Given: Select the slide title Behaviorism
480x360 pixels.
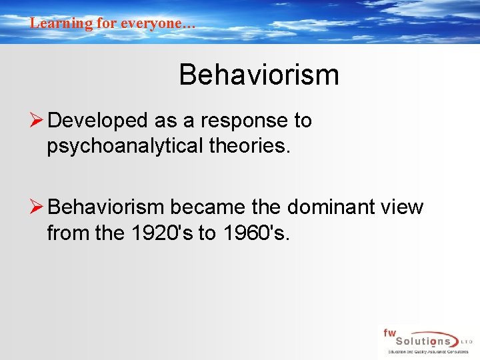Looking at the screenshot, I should [259, 75].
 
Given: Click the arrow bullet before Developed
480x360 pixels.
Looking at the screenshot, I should [37, 121].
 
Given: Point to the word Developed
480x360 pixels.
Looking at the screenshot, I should [98, 121].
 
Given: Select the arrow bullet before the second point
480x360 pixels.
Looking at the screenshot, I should [37, 207].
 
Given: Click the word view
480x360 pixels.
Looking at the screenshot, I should [401, 207].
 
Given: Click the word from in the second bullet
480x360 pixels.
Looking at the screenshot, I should [65, 233].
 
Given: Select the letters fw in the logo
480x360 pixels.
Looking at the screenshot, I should [389, 333].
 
